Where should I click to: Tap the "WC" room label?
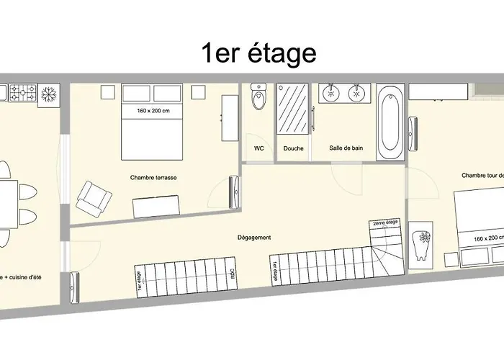click(258, 149)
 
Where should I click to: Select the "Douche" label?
click(293, 149)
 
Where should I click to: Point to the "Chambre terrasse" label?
click(153, 176)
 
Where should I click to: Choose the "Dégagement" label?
click(253, 238)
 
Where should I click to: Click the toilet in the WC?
click(258, 99)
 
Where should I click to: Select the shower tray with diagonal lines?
click(293, 109)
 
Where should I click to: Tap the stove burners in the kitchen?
click(27, 94)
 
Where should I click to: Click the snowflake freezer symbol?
click(50, 94)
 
